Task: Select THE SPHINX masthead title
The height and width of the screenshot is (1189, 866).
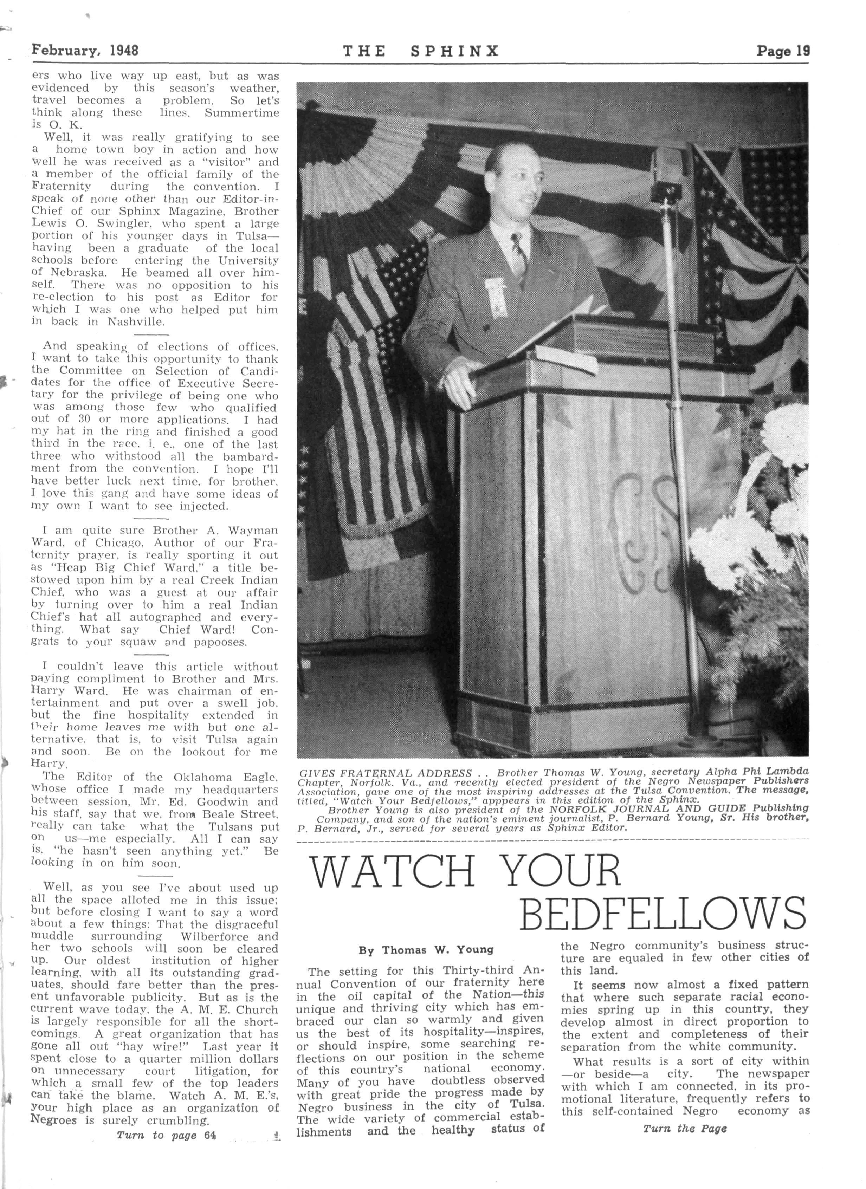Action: click(x=421, y=51)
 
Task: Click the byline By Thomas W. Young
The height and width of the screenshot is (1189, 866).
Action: click(x=426, y=950)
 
